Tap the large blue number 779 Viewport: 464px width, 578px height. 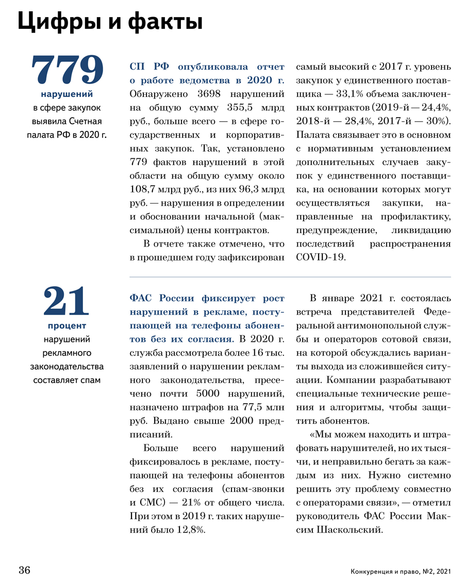click(x=68, y=70)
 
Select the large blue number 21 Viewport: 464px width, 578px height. click(x=67, y=302)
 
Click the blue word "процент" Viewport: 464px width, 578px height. click(x=67, y=326)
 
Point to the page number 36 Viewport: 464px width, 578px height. click(x=25, y=570)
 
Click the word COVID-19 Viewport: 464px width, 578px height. click(x=320, y=257)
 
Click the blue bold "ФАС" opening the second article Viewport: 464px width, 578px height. click(x=141, y=299)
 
